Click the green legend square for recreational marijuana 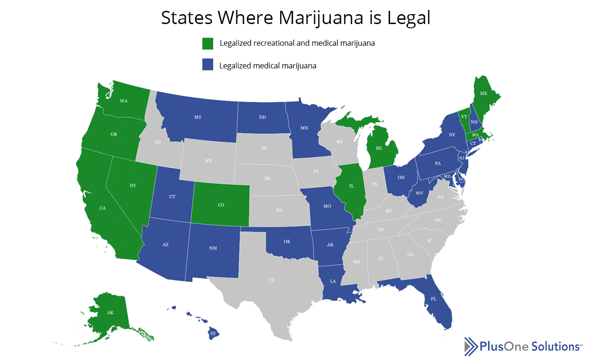[x=208, y=43]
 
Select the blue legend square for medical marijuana [x=208, y=65]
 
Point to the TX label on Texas [x=272, y=280]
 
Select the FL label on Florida [x=433, y=298]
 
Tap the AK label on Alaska [x=110, y=313]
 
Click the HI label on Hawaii [x=213, y=333]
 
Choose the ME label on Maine [x=483, y=94]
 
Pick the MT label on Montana [x=198, y=117]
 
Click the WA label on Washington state [x=124, y=101]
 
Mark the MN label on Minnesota [x=305, y=127]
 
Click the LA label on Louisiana [x=333, y=281]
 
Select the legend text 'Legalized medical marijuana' [x=268, y=66]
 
